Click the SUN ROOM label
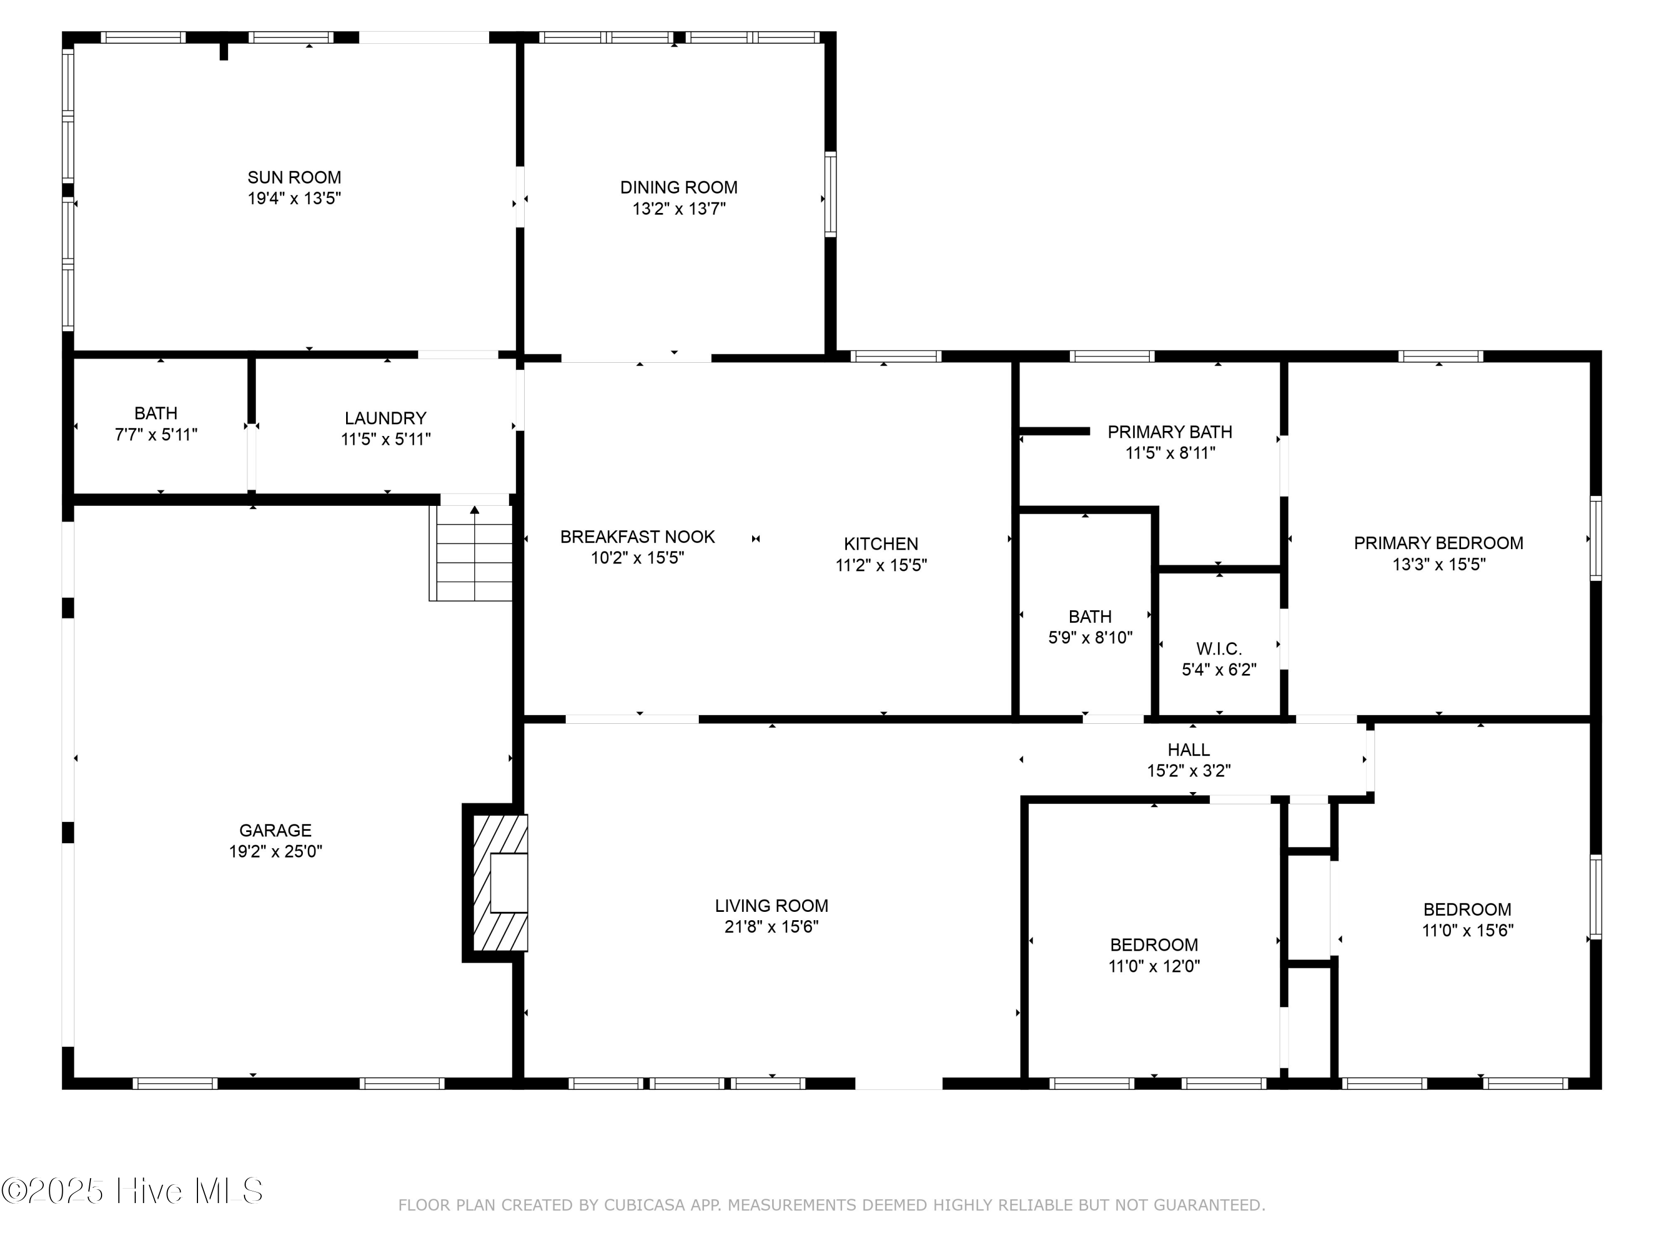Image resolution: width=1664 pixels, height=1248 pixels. pos(294,177)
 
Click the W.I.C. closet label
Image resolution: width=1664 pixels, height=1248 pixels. pos(1219,648)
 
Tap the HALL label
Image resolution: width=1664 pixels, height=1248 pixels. pos(1188,749)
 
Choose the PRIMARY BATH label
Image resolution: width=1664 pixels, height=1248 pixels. pos(1170,432)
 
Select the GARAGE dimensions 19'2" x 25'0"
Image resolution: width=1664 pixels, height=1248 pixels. pos(275,851)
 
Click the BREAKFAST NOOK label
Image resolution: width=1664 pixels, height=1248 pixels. pos(637,537)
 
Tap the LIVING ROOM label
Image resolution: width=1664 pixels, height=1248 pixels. pos(771,906)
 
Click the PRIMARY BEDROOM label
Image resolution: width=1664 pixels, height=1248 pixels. pos(1438,543)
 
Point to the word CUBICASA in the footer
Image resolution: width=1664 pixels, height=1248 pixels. pos(644,1205)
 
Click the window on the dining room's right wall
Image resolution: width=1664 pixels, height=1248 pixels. pos(830,194)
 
